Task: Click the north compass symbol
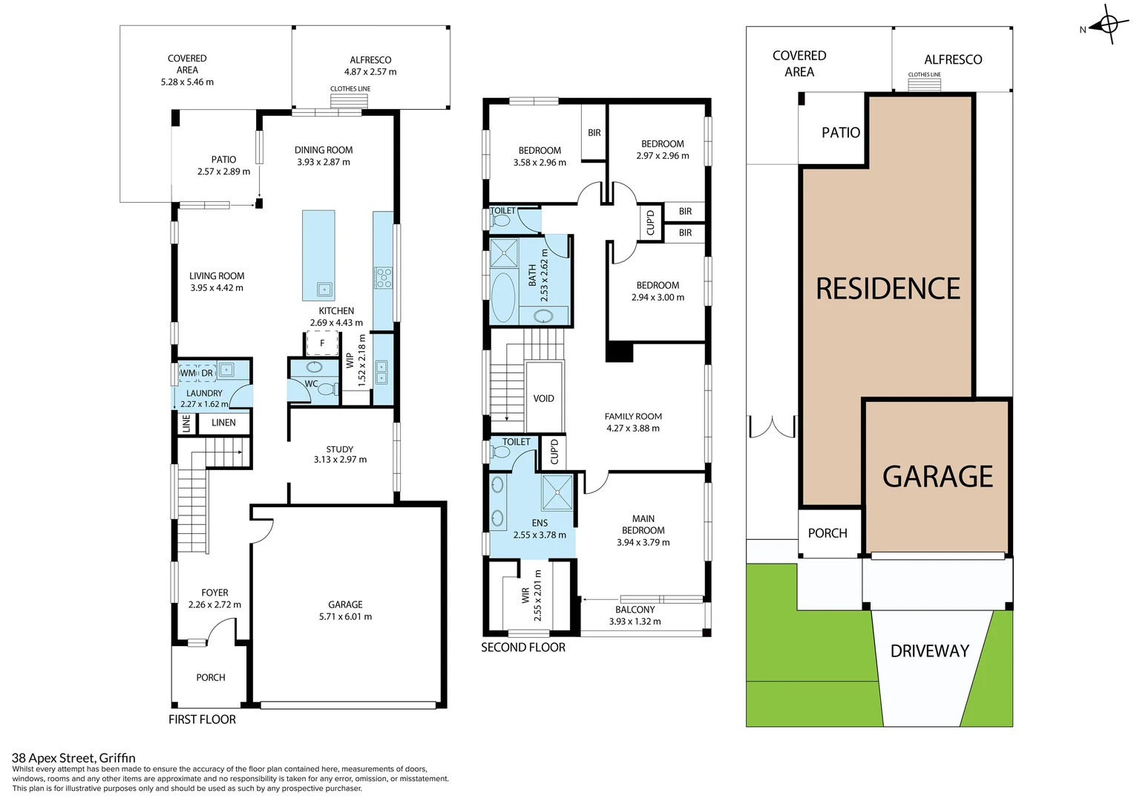(1108, 25)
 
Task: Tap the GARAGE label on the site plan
(937, 477)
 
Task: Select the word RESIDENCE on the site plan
(888, 289)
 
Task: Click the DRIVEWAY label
(929, 651)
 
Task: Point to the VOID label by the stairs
(543, 399)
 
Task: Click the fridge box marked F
(322, 343)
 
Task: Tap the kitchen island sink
(324, 290)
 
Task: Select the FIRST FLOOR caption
(202, 720)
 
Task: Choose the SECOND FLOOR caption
(522, 648)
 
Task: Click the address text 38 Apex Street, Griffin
(73, 758)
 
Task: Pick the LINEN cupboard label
(223, 423)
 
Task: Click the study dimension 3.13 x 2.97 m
(340, 460)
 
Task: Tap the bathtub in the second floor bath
(503, 297)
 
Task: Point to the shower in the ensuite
(557, 492)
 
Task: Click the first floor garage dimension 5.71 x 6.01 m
(345, 616)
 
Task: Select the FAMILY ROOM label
(633, 417)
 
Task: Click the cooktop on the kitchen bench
(383, 278)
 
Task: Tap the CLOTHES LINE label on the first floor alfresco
(350, 89)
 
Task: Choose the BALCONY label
(635, 610)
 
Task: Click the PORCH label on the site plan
(827, 533)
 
